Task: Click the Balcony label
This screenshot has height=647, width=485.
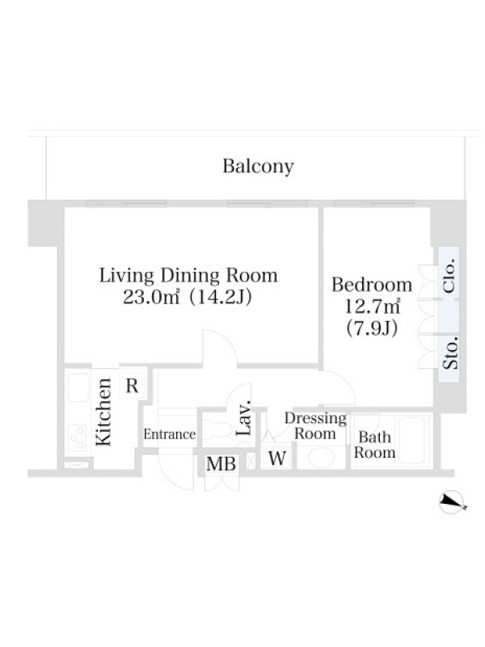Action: pos(258,167)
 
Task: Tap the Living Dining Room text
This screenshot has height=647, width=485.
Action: pos(188,276)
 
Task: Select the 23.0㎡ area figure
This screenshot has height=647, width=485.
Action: pos(151,297)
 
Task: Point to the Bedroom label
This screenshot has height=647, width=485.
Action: pos(372,285)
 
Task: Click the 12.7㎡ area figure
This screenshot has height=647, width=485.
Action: pos(372,307)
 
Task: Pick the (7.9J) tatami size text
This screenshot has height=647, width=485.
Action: pos(372,328)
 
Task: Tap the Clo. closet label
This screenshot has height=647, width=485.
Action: pos(449,276)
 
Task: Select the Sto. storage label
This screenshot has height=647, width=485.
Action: pos(450,353)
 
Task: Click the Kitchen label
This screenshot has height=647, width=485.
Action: pos(103,412)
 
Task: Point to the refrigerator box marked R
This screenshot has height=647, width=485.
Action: pos(132,386)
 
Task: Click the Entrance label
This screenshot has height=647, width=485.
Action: pos(170,434)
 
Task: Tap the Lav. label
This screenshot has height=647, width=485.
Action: pos(244,417)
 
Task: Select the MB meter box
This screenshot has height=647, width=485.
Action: pos(221,463)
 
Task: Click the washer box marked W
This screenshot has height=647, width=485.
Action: pos(277,458)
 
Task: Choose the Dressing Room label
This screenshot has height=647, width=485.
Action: pos(315,426)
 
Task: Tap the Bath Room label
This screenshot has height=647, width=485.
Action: pos(374,445)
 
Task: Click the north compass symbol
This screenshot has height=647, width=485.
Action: pos(453,502)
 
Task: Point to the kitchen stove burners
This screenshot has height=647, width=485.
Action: pos(78,438)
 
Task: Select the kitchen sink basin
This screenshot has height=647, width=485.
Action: pos(78,387)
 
